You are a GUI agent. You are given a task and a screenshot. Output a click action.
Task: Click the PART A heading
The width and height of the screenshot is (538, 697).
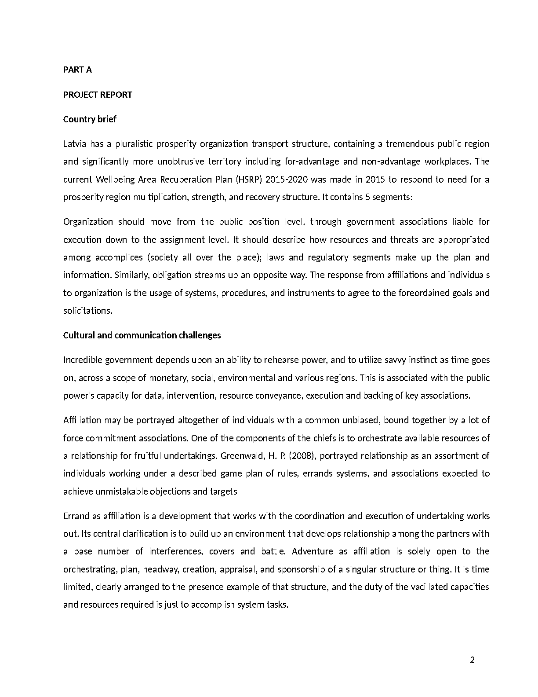click(77, 70)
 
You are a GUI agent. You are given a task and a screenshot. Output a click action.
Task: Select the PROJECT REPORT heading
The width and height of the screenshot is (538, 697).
click(98, 95)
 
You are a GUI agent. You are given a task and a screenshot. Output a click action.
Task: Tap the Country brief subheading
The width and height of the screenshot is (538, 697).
click(90, 119)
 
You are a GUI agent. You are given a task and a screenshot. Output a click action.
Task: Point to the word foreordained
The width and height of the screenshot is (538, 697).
click(424, 293)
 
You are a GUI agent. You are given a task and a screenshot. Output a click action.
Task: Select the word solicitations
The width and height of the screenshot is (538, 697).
click(87, 311)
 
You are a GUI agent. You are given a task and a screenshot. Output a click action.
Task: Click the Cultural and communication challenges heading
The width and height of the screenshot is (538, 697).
click(142, 335)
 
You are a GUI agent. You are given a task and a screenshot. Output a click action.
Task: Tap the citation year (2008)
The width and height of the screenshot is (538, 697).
click(302, 456)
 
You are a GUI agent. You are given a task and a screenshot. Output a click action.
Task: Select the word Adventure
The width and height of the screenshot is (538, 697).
click(312, 551)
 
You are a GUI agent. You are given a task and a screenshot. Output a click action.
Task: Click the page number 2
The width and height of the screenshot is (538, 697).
click(473, 660)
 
